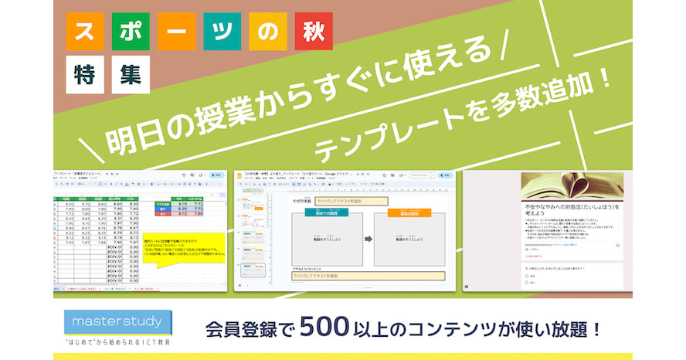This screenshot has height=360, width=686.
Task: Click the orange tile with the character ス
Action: click(x=85, y=32)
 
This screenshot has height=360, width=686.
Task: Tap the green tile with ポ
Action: click(x=130, y=32)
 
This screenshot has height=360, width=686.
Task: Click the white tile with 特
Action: click(x=86, y=75)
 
